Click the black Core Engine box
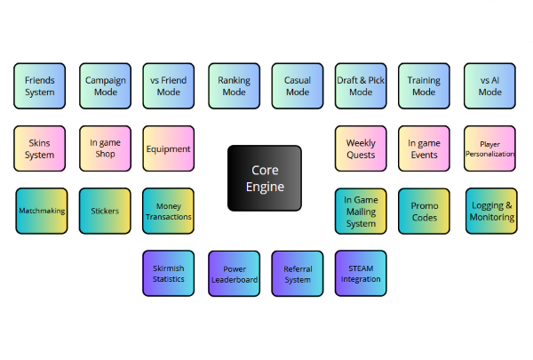point(264,178)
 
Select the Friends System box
point(39,86)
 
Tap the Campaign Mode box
point(105,86)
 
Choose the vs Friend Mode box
point(168,86)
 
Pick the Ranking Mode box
point(234,86)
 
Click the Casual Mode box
point(298,86)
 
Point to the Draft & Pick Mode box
point(361,86)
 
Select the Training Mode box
point(424,86)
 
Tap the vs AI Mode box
point(489,86)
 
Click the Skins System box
point(39,148)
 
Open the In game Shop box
point(105,148)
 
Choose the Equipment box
point(168,148)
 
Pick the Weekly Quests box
point(361,148)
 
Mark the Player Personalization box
point(489,148)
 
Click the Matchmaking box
point(42,211)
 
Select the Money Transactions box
point(168,211)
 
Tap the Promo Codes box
point(424,211)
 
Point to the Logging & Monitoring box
point(492,211)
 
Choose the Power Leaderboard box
point(234,274)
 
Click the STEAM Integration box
point(361,274)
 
